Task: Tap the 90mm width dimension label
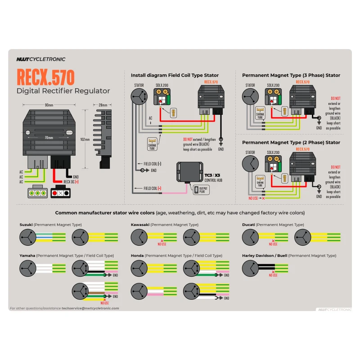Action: pos(49,105)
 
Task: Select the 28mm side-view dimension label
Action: pos(103,105)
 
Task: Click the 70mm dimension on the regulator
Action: pos(49,138)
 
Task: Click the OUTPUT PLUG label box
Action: pos(198,189)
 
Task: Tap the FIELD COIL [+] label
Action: pos(153,188)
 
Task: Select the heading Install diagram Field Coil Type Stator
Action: pos(175,75)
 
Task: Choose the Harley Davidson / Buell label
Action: pos(265,256)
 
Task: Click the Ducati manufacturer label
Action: pos(248,224)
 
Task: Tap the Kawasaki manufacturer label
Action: pos(140,224)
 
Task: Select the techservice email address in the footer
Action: pos(90,308)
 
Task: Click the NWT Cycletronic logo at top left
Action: pos(40,59)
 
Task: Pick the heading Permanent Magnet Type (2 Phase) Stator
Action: pos(291,143)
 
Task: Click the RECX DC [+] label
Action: pos(70,182)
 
